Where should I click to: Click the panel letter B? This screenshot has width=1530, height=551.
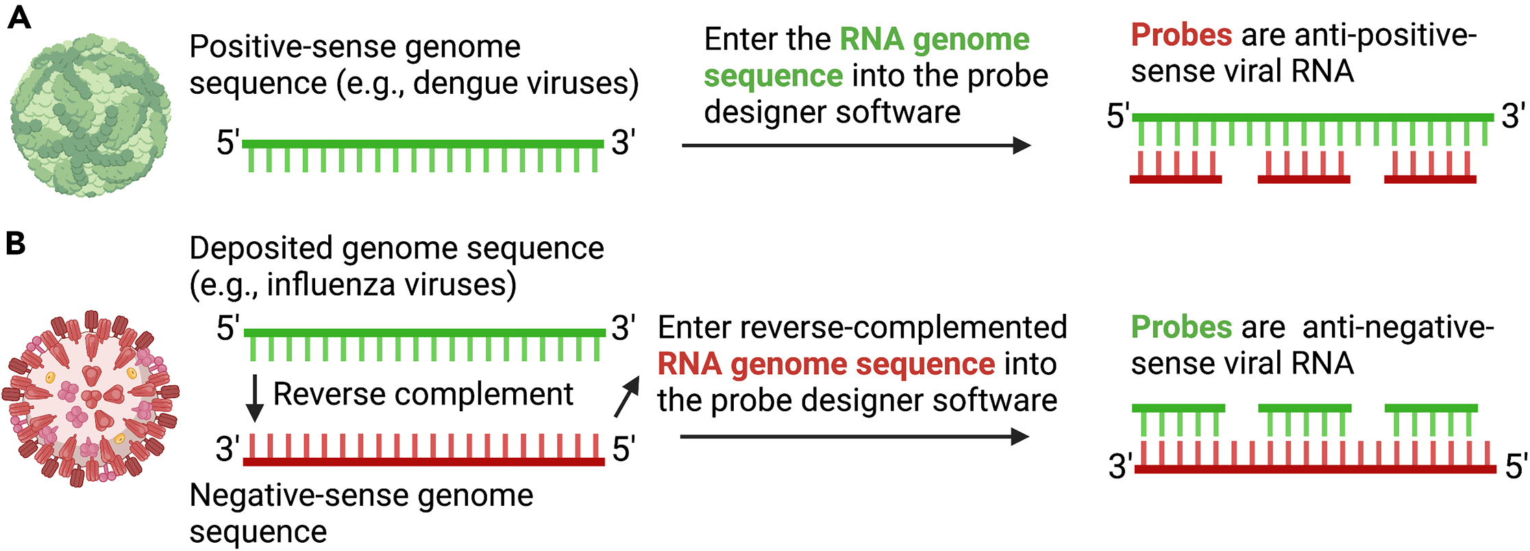(16, 243)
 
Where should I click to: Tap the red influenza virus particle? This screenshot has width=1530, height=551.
(90, 400)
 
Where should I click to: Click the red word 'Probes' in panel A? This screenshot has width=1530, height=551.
(1181, 34)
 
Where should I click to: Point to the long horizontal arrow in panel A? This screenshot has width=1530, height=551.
(856, 145)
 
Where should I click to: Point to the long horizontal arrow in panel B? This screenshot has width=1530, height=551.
(854, 437)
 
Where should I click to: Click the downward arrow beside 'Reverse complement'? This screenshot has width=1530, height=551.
(254, 397)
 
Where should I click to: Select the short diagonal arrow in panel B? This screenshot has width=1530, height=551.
(627, 397)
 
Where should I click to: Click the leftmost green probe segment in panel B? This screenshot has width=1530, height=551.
(1178, 408)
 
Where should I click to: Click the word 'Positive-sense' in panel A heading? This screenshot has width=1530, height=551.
(293, 47)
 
